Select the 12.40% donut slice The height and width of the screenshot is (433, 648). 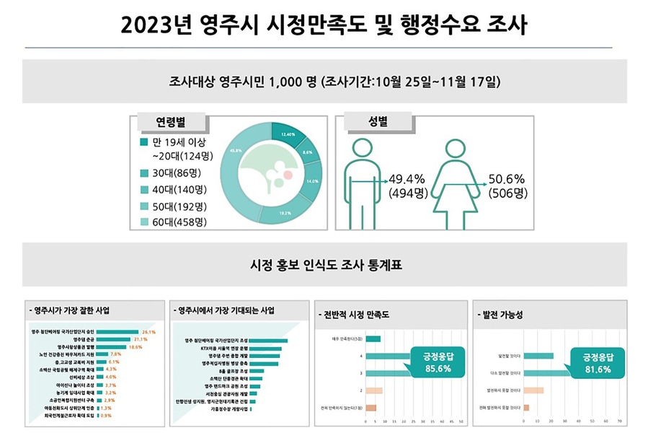point(288,134)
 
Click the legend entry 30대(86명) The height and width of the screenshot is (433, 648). point(176,173)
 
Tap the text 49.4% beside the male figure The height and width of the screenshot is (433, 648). point(407,179)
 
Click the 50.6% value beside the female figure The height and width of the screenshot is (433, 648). point(507,179)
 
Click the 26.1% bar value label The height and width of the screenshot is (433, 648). point(149,331)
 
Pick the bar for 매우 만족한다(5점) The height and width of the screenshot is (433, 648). point(373,338)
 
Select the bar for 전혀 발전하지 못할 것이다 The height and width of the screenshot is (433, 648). point(527,408)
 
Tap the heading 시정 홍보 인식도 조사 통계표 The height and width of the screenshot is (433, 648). point(324,264)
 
